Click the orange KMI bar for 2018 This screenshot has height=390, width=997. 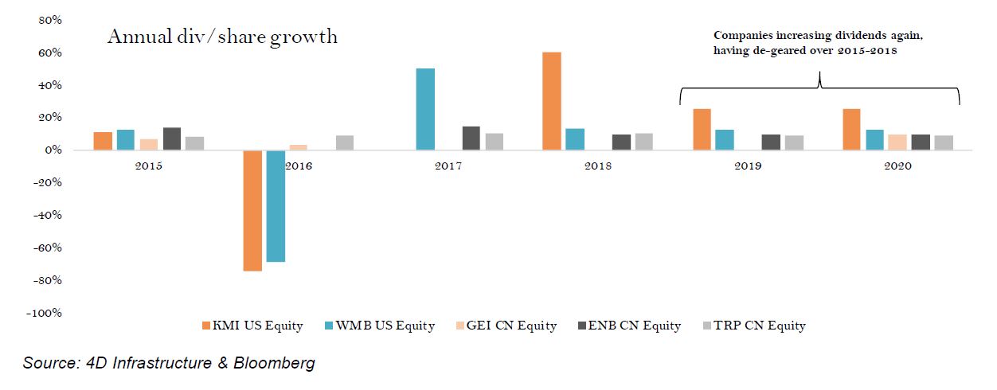tap(551, 101)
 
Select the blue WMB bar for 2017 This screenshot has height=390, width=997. tap(425, 109)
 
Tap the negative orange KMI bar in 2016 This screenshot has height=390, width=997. tap(252, 210)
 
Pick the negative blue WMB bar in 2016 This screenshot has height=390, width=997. tap(276, 205)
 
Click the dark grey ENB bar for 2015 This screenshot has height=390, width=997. tap(171, 138)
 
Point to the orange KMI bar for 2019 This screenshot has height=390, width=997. tap(702, 130)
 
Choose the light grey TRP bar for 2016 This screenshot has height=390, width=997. tap(345, 142)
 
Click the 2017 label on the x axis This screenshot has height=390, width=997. tap(448, 167)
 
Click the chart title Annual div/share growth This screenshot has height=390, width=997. tap(222, 37)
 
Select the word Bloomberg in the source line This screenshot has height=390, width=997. tap(274, 364)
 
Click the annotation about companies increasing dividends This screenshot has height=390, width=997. tap(819, 43)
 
